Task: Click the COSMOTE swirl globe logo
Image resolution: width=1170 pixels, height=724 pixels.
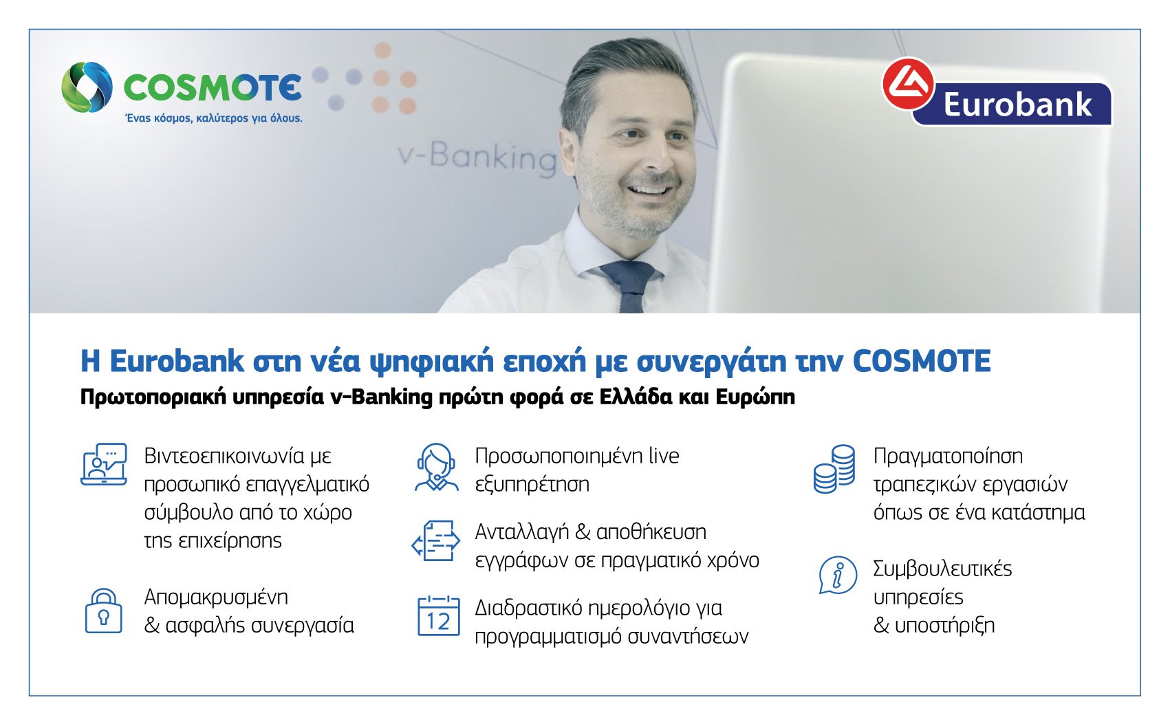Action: [x=87, y=87]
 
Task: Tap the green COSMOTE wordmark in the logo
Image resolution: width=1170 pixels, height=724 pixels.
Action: [x=213, y=88]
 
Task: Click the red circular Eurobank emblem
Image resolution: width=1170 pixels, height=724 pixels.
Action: [x=909, y=83]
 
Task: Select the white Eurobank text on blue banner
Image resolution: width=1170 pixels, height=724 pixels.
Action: [x=1017, y=105]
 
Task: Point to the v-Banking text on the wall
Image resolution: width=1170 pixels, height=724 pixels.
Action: [x=477, y=157]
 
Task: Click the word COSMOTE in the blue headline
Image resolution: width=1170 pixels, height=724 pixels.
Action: [x=922, y=361]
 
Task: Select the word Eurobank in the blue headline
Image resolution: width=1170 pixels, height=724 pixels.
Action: [x=177, y=361]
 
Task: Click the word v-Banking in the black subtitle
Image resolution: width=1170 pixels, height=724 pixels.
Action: [x=381, y=397]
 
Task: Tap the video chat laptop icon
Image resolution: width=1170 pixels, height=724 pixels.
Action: [x=104, y=464]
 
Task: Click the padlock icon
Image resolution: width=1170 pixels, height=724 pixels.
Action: [x=103, y=611]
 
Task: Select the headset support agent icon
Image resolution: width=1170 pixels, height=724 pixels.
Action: [x=437, y=467]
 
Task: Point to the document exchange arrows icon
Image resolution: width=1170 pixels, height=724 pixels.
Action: [x=435, y=541]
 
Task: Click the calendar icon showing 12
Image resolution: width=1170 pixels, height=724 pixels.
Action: [x=439, y=616]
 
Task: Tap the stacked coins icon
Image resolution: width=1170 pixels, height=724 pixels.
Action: [x=834, y=469]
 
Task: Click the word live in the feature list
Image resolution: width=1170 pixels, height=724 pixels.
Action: [x=664, y=457]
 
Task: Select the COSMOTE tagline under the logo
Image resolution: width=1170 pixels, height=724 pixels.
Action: [x=214, y=118]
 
